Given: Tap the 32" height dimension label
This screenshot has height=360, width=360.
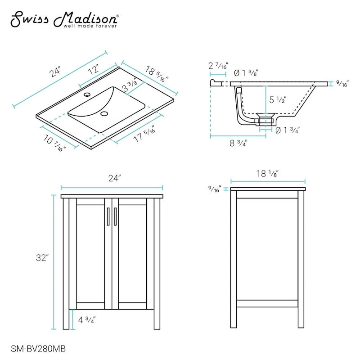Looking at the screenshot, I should click(x=43, y=258).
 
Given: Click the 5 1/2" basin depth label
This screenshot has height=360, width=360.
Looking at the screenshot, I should click(x=278, y=99).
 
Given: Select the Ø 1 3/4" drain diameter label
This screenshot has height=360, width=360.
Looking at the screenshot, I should click(x=287, y=130).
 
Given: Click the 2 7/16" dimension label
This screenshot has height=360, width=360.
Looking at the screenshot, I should click(x=219, y=66).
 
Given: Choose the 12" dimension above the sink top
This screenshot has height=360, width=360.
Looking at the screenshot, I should click(x=94, y=71).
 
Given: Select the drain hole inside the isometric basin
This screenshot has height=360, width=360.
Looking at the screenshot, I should click(x=105, y=113).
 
